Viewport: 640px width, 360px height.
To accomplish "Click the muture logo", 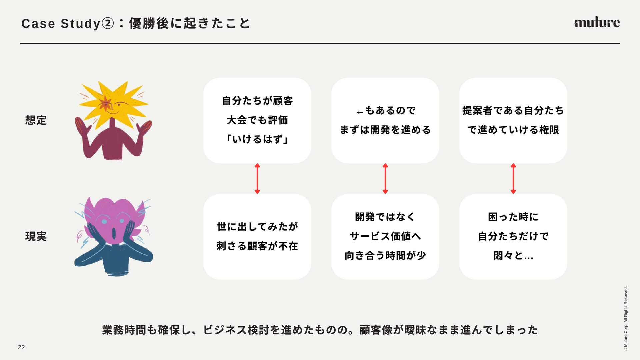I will (x=597, y=22).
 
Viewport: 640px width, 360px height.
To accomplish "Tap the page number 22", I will (x=21, y=347).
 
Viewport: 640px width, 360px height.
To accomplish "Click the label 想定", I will (x=36, y=120).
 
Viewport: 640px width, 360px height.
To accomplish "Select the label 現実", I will (x=36, y=236).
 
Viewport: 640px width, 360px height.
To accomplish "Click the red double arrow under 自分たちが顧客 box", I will (x=257, y=179).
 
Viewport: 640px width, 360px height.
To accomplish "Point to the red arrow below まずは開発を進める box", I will (x=385, y=179).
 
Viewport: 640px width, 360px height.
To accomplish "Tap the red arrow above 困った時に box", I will (x=513, y=179).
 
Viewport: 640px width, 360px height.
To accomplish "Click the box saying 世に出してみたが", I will (x=257, y=237).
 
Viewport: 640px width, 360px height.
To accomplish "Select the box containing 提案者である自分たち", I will (x=513, y=120).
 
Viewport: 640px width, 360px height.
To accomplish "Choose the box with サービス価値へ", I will (x=385, y=237).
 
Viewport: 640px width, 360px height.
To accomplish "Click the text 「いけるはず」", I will (x=257, y=139).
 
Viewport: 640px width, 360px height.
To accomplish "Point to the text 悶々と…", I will (x=513, y=256).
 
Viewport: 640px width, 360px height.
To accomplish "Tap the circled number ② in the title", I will (x=107, y=24).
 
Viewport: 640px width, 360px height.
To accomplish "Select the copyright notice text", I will (x=625, y=318).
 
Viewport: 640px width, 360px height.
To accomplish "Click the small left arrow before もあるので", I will (x=359, y=112).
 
